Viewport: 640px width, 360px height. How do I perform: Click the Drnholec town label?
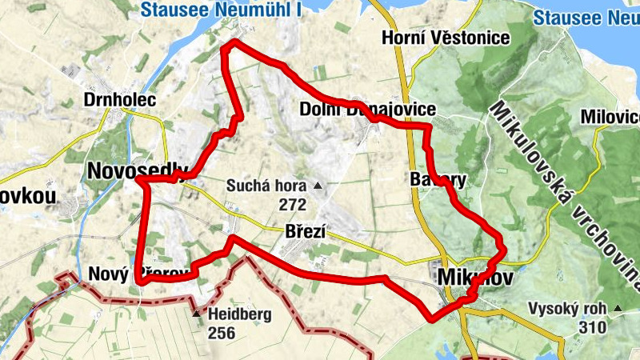tap(119, 101)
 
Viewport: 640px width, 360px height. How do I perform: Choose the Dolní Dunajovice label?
tap(368, 110)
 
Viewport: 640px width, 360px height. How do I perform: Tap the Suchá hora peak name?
tap(267, 186)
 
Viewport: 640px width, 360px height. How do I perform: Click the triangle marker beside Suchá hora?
tap(318, 186)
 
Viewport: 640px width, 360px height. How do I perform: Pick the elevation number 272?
tap(294, 204)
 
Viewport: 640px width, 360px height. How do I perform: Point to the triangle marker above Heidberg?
tap(196, 314)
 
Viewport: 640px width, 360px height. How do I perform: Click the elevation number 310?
tap(592, 327)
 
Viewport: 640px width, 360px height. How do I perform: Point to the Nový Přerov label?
tap(138, 273)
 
